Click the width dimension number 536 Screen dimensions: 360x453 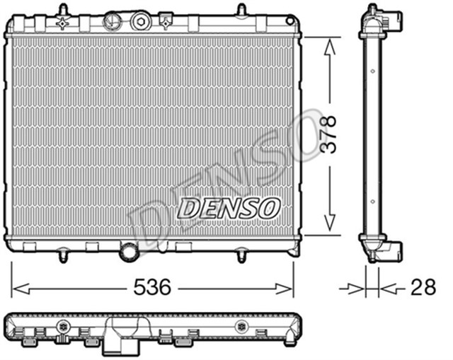(x=153, y=287)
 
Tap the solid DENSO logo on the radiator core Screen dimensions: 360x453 (x=229, y=207)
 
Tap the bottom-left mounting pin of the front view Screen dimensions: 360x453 (x=63, y=255)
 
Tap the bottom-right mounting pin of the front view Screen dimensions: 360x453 (x=241, y=255)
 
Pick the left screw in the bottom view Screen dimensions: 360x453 (x=64, y=327)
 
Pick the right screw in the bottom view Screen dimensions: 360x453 (x=243, y=327)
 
